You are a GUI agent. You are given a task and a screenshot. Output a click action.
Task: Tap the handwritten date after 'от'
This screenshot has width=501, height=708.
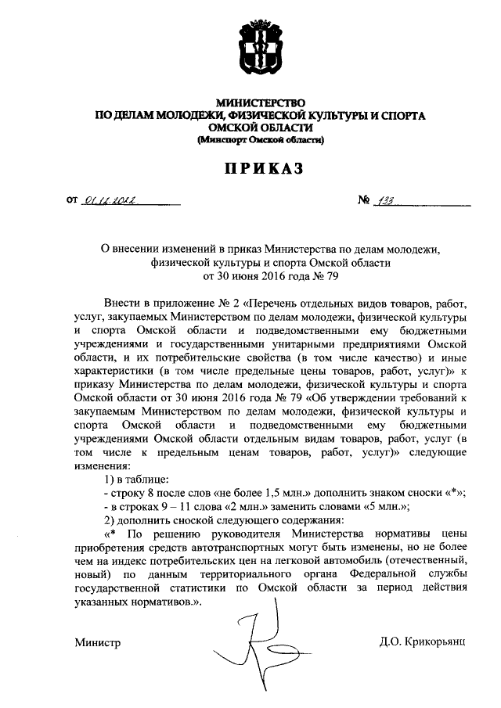(x=110, y=202)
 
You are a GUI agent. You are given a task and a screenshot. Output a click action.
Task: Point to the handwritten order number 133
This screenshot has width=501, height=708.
(x=384, y=201)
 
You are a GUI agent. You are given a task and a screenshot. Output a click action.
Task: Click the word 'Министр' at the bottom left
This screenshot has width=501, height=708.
(x=98, y=642)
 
